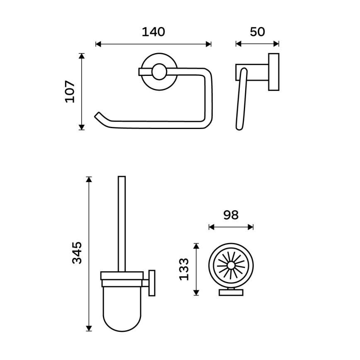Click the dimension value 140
153,32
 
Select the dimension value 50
257,32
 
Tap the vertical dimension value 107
70,92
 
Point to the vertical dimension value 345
77,253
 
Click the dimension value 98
231,215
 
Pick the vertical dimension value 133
184,269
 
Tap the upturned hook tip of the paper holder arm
98,115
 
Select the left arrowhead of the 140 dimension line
98,44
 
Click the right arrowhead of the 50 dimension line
277,44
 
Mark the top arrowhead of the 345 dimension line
88,179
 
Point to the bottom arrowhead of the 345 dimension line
88,328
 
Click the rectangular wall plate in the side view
274,72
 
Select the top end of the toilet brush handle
122,178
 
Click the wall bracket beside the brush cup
152,283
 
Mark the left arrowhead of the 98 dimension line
211,226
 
